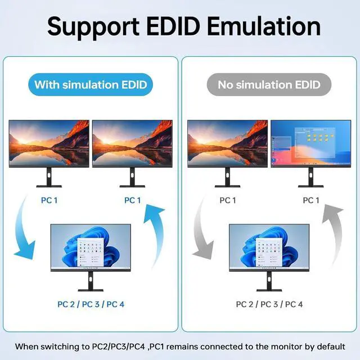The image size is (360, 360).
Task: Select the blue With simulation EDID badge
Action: coord(90,85)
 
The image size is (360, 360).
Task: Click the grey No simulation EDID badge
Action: coord(269,85)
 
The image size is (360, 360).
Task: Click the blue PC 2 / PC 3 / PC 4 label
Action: coord(91,304)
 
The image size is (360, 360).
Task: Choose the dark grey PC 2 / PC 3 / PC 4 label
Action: coord(269,304)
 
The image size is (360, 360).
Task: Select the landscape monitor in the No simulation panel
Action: coord(227,143)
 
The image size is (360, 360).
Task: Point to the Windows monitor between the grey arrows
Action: coord(269,248)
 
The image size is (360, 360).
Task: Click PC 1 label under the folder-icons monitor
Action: coord(310,200)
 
